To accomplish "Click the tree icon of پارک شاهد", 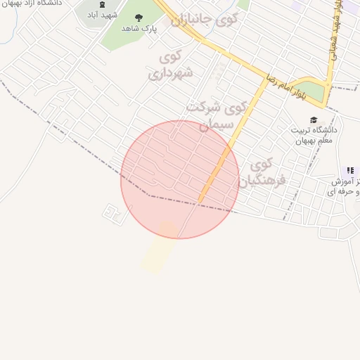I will coord(138,17).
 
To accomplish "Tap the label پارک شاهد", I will coord(138,28).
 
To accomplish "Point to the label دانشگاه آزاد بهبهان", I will coord(32,3).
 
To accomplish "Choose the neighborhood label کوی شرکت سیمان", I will coord(217,115).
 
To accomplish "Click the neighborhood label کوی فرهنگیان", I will coord(261,173).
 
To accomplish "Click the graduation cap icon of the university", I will coord(313,120).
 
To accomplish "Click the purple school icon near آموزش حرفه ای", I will coord(350,171).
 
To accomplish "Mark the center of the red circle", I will coord(180,179).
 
